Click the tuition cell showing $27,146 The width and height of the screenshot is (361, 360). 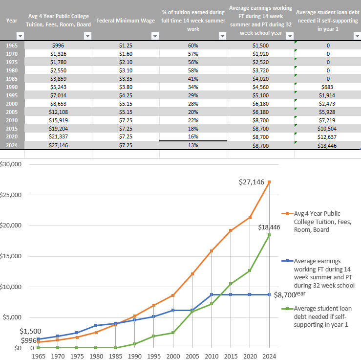58,146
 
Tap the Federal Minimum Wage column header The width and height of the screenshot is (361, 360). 126,21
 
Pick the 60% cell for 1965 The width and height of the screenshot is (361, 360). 193,45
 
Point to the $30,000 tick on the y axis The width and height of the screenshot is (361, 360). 11,164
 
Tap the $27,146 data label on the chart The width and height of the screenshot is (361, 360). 252,182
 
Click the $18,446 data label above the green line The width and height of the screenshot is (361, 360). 269,227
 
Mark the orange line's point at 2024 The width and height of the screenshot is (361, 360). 269,182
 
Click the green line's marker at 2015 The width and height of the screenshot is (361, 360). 231,284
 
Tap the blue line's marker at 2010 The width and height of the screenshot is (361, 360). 212,294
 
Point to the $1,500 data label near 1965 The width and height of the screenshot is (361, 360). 31,331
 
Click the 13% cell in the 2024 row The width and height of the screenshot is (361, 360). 193,146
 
